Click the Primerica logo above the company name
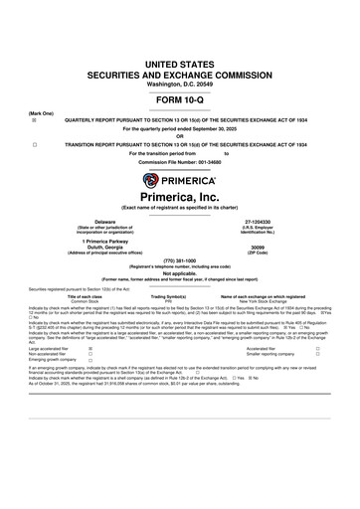180,181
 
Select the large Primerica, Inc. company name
180,200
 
